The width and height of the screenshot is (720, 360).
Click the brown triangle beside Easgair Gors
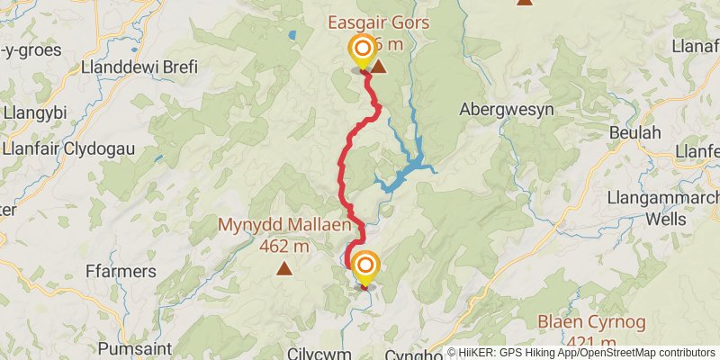coord(379,67)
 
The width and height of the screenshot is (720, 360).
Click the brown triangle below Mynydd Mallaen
coord(284,268)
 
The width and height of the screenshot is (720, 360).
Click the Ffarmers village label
coord(120,270)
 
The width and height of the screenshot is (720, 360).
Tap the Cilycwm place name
coord(319,354)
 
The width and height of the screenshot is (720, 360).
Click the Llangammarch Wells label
coord(664,208)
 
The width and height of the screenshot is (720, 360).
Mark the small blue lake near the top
coord(291,37)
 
